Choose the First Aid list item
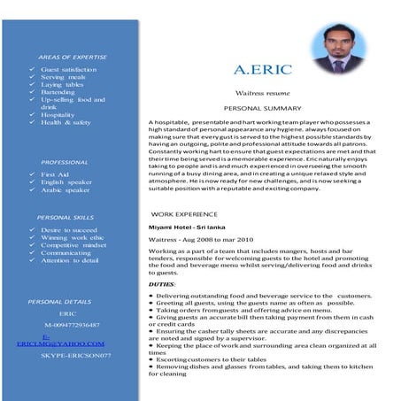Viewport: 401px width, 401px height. (56, 175)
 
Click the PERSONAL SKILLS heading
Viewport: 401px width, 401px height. (66, 217)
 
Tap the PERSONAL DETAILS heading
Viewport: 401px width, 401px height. (59, 301)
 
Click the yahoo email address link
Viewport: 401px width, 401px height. (60, 342)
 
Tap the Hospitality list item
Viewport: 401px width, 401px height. (58, 115)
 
